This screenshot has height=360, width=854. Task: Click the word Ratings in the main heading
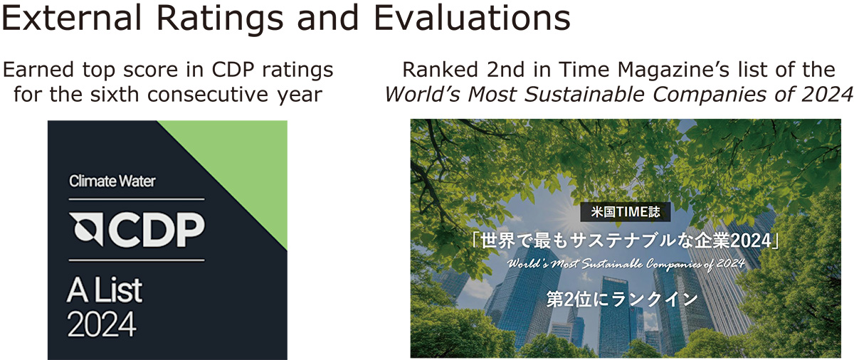point(220,19)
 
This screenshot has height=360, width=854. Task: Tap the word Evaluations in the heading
point(472,18)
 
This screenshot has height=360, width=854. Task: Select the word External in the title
point(71,18)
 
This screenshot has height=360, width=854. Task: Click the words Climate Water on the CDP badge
point(112,181)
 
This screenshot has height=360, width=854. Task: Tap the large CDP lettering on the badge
point(157,229)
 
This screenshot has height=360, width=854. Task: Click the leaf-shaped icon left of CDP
point(86,229)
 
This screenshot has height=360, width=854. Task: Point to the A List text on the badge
point(105,291)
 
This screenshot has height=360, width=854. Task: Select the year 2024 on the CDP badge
point(101,324)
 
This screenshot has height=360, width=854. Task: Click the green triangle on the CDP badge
point(244,164)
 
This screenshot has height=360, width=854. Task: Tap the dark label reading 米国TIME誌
point(626,212)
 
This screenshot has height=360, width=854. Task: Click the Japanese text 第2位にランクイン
point(622,300)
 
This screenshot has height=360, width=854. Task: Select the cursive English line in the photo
point(626,264)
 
